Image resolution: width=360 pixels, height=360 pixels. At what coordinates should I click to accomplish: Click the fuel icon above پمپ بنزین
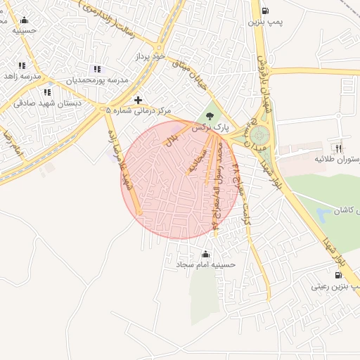tap(264, 11)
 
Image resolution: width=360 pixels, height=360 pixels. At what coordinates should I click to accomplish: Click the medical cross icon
tap(138, 101)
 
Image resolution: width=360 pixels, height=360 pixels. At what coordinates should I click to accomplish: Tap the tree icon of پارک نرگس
tap(209, 116)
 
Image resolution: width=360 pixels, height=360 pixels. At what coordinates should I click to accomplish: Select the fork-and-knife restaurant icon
tap(338, 148)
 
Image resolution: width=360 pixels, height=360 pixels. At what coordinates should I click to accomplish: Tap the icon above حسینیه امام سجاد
tap(205, 254)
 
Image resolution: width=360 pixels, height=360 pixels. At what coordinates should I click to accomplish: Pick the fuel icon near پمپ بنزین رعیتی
tap(340, 274)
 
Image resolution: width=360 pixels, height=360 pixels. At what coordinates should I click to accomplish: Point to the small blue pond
tap(324, 214)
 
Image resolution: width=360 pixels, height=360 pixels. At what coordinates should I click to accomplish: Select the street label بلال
tap(172, 139)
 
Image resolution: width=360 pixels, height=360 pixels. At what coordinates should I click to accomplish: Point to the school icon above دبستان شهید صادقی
tap(46, 92)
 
